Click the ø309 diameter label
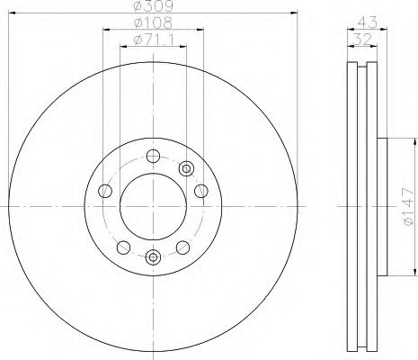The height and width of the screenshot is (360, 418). [153, 6]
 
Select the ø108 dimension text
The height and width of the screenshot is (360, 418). [153, 22]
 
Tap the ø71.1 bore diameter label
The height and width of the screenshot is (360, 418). [153, 40]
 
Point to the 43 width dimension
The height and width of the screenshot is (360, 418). [367, 22]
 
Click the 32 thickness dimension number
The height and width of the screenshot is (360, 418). [362, 40]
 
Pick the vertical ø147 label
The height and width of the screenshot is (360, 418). [409, 207]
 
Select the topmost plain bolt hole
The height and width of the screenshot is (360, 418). [153, 156]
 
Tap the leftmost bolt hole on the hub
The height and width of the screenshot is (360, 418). [105, 191]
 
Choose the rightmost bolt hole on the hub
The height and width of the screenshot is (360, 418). [201, 191]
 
